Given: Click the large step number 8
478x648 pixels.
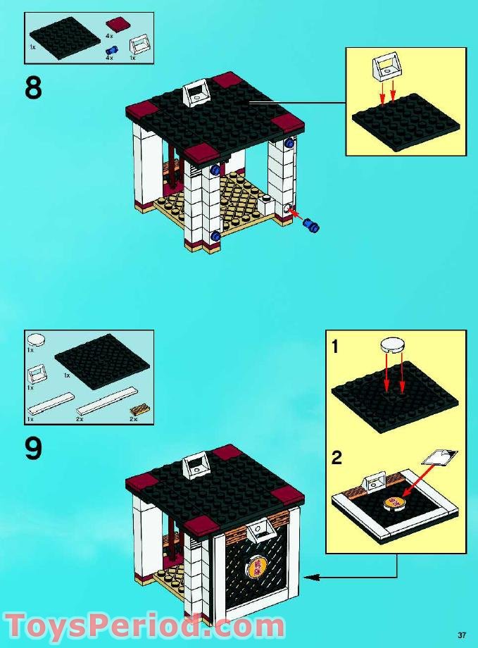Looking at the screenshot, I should coord(33,89).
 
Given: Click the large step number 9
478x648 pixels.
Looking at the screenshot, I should coord(33,449).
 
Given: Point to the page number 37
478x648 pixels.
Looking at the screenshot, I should coord(461,632).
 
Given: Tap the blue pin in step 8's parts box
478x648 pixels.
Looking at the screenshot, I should coord(110,50).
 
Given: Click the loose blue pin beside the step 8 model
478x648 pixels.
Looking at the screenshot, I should coord(310,226).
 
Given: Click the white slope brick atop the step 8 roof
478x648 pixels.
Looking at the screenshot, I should coord(197,92).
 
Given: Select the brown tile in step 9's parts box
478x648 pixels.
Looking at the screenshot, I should coord(138,410).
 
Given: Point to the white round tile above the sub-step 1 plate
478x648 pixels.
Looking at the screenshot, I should coord(393,344).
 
